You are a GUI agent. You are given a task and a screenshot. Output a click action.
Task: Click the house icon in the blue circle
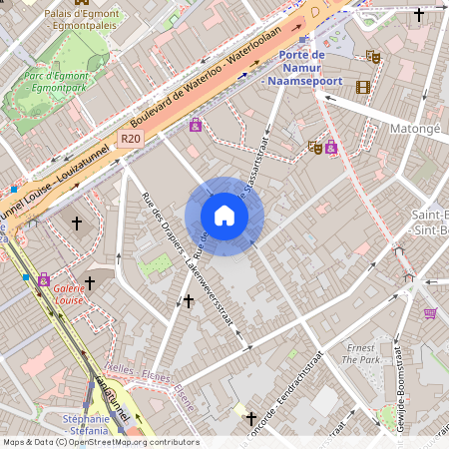pos(224,216)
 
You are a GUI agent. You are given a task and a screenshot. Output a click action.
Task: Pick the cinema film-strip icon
pos(363,87)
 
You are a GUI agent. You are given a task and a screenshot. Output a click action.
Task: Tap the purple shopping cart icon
pos(430,312)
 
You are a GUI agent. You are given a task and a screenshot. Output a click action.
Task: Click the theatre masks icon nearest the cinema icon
pos(373,57)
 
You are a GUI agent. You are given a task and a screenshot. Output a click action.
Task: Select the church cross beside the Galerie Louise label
pos(89,283)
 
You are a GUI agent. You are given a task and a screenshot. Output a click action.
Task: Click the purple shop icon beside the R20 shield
pos(195,125)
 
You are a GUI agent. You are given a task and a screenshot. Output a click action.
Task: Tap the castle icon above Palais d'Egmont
pos(81,3)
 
